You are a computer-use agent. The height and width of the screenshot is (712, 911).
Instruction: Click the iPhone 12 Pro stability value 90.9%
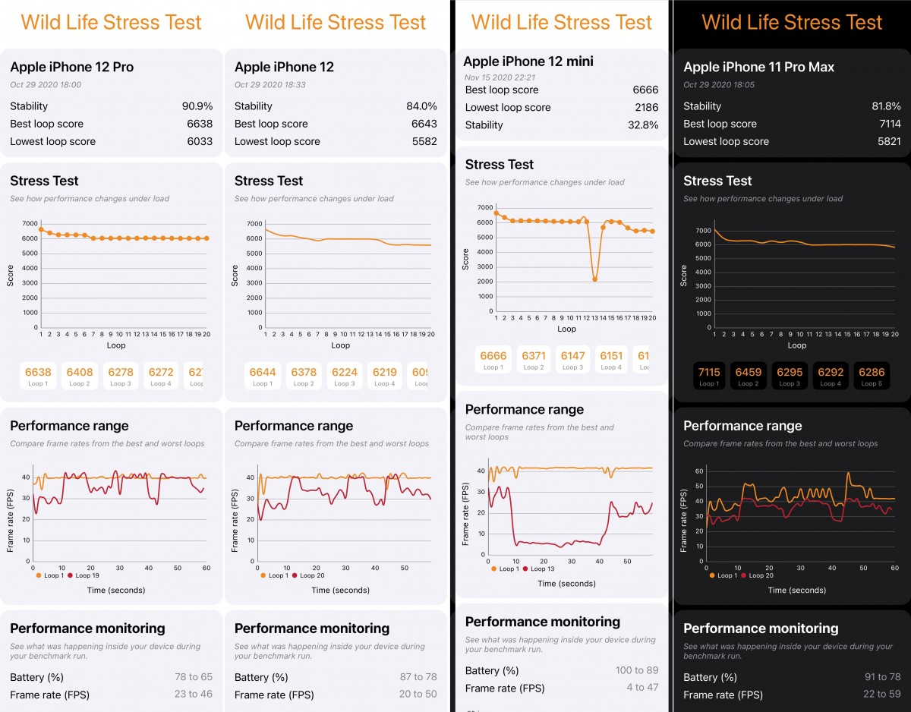(x=197, y=106)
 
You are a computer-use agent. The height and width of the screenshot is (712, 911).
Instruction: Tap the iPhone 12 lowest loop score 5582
(x=421, y=141)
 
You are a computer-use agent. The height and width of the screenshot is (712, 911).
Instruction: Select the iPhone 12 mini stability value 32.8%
(x=643, y=124)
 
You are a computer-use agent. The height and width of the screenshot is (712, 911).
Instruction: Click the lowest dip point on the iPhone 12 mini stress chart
(x=595, y=279)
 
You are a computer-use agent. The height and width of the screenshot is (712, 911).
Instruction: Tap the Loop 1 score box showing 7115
(x=709, y=376)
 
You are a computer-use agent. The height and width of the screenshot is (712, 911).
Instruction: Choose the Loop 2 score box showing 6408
(x=80, y=375)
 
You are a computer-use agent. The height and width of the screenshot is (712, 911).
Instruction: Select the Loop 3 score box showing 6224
(x=345, y=375)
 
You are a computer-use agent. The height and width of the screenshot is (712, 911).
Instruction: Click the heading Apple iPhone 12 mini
(x=528, y=61)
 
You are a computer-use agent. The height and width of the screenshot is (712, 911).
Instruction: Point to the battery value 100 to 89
(x=636, y=670)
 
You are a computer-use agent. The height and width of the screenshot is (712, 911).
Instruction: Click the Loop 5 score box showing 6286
(x=870, y=376)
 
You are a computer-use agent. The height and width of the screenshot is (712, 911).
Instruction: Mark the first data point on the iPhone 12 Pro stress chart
(x=41, y=228)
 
